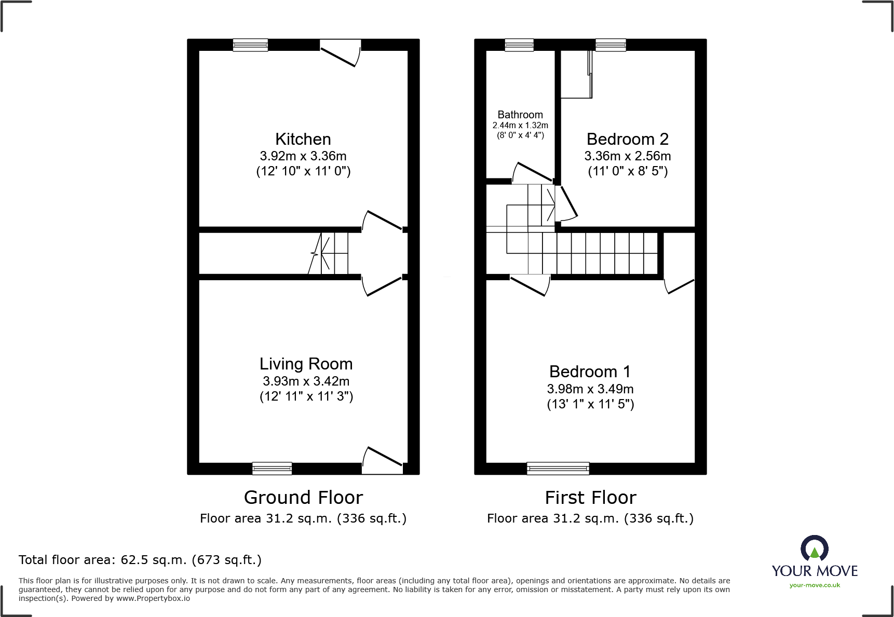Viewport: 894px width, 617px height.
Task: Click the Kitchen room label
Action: [303, 139]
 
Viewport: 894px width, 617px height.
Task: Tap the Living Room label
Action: [306, 364]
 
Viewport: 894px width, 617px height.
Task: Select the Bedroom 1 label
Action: [590, 372]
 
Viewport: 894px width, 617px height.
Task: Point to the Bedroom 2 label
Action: [627, 139]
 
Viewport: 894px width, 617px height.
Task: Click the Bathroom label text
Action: [520, 115]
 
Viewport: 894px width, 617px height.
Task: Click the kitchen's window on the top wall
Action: [250, 45]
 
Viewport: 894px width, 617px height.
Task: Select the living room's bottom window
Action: [272, 468]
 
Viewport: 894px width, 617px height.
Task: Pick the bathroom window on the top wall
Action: [519, 45]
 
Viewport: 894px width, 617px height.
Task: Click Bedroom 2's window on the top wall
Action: [611, 45]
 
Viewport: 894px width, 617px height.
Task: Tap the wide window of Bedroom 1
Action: [558, 468]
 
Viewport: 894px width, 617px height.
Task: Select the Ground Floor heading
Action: [303, 498]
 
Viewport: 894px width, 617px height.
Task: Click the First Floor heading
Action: [590, 498]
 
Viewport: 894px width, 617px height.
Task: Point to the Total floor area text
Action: [140, 560]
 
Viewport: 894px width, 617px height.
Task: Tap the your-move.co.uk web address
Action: [815, 585]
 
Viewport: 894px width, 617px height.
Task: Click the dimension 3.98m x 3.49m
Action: [590, 389]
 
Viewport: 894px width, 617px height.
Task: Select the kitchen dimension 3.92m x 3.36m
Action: [303, 156]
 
